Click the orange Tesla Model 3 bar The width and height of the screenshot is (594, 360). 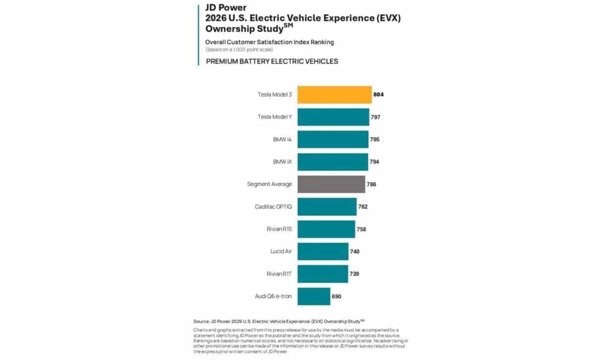pyautogui.click(x=334, y=95)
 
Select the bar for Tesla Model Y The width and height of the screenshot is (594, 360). pyautogui.click(x=333, y=117)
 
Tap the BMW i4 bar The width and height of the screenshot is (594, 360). pyautogui.click(x=333, y=139)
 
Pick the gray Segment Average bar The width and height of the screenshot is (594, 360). pyautogui.click(x=331, y=184)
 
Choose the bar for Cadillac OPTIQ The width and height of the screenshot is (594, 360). pyautogui.click(x=327, y=206)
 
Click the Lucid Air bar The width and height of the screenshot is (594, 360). pyautogui.click(x=323, y=251)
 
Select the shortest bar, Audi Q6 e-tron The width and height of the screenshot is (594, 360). pyautogui.click(x=313, y=296)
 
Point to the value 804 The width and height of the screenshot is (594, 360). pyautogui.click(x=379, y=95)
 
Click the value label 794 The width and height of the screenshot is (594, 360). pyautogui.click(x=375, y=162)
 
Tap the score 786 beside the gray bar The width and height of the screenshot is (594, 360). pyautogui.click(x=372, y=184)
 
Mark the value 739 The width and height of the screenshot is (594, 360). pyautogui.click(x=354, y=274)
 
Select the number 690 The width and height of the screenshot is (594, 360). pyautogui.click(x=337, y=296)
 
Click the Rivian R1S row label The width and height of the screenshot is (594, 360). pyautogui.click(x=279, y=229)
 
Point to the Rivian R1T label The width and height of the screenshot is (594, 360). pyautogui.click(x=279, y=274)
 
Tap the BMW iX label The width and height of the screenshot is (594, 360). pyautogui.click(x=282, y=162)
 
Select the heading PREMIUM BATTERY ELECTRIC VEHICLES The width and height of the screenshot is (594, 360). pyautogui.click(x=271, y=61)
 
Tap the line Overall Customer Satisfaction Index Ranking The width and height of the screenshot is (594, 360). pyautogui.click(x=269, y=42)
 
